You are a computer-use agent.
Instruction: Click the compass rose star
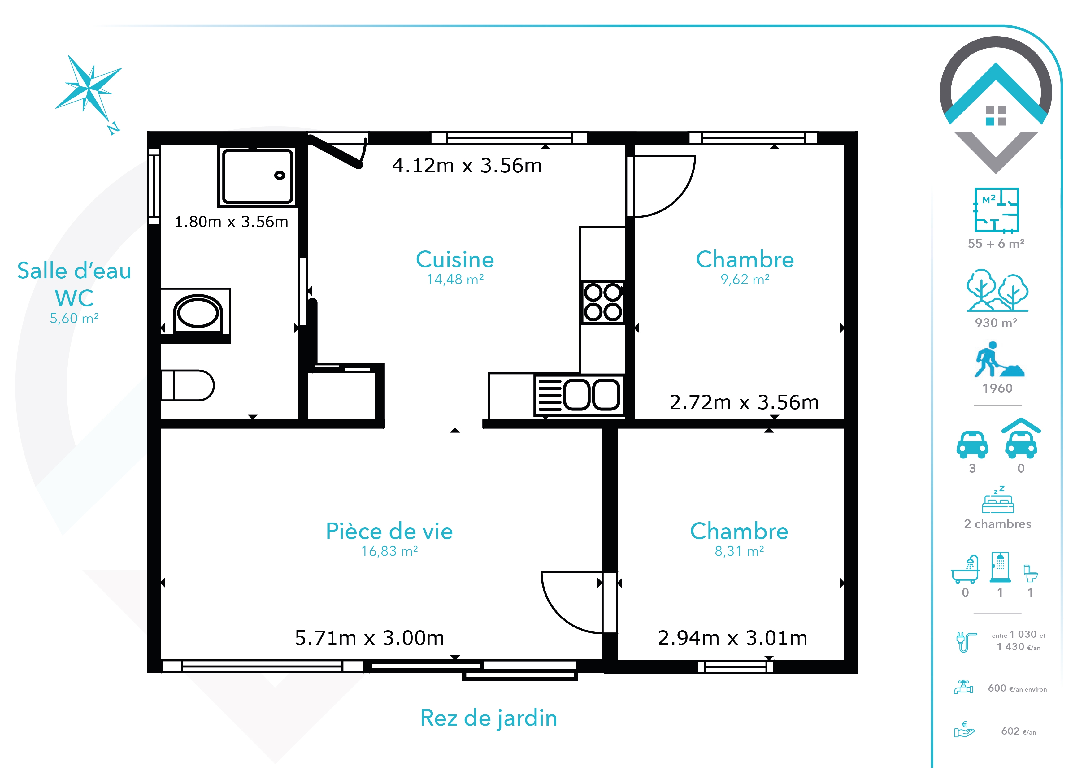[x=89, y=88]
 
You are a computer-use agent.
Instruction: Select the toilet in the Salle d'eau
[x=187, y=385]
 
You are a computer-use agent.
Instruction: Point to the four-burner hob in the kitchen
[x=603, y=302]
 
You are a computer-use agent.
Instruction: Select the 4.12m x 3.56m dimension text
[x=467, y=166]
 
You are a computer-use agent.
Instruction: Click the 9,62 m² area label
[x=745, y=280]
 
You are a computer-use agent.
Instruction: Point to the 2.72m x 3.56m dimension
[x=744, y=402]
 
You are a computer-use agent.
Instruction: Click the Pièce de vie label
[x=389, y=531]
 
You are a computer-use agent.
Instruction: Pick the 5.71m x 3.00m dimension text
[x=369, y=638]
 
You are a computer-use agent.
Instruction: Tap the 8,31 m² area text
[x=739, y=551]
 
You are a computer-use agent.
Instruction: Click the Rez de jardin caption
[x=489, y=718]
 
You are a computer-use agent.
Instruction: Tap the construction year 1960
[x=997, y=388]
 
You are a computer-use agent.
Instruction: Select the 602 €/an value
[x=1019, y=731]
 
